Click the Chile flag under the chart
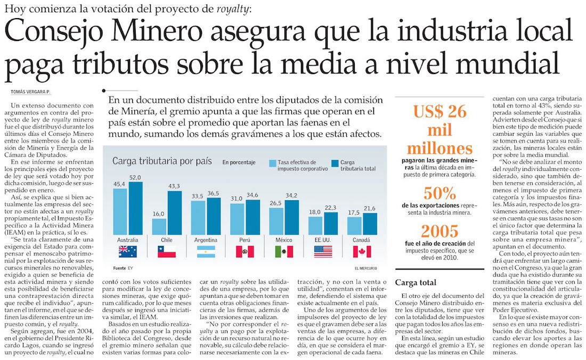point(167,251)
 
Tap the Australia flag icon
point(127,251)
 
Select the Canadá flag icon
point(362,251)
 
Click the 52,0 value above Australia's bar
point(135,177)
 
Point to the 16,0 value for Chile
point(159,214)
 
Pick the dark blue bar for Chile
point(175,213)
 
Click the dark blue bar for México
point(291,218)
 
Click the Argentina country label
point(206,241)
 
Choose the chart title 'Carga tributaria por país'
point(162,161)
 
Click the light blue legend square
point(272,163)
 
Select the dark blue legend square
point(336,163)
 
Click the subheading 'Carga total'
point(416,282)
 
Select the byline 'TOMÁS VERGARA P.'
point(32,92)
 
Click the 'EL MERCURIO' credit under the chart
point(364,267)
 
